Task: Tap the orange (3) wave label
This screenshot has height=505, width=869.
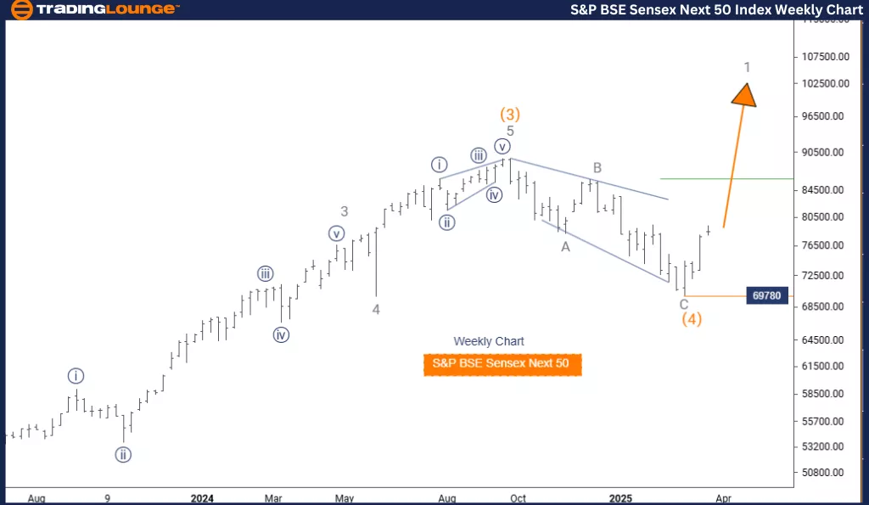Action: coord(510,114)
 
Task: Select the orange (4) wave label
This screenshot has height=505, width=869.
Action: coord(692,320)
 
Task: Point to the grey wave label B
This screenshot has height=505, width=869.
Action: coord(597,168)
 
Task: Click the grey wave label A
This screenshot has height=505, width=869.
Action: coord(564,246)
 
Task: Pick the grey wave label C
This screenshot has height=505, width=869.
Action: coord(684,304)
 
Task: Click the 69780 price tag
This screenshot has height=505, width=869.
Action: coord(766,295)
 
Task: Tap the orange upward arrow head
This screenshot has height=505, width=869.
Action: coord(744,93)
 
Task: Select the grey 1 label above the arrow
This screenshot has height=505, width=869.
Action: coord(747,67)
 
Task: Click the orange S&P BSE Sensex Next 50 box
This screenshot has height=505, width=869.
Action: coord(502,364)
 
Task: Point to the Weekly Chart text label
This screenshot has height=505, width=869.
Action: coord(489,341)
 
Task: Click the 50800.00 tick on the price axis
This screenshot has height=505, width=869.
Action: coord(823,473)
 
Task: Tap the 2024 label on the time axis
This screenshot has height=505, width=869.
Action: coord(202,498)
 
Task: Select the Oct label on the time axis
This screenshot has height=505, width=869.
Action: coord(518,498)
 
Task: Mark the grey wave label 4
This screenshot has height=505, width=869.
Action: coord(376,310)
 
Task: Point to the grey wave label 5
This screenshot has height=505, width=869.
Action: coord(510,131)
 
